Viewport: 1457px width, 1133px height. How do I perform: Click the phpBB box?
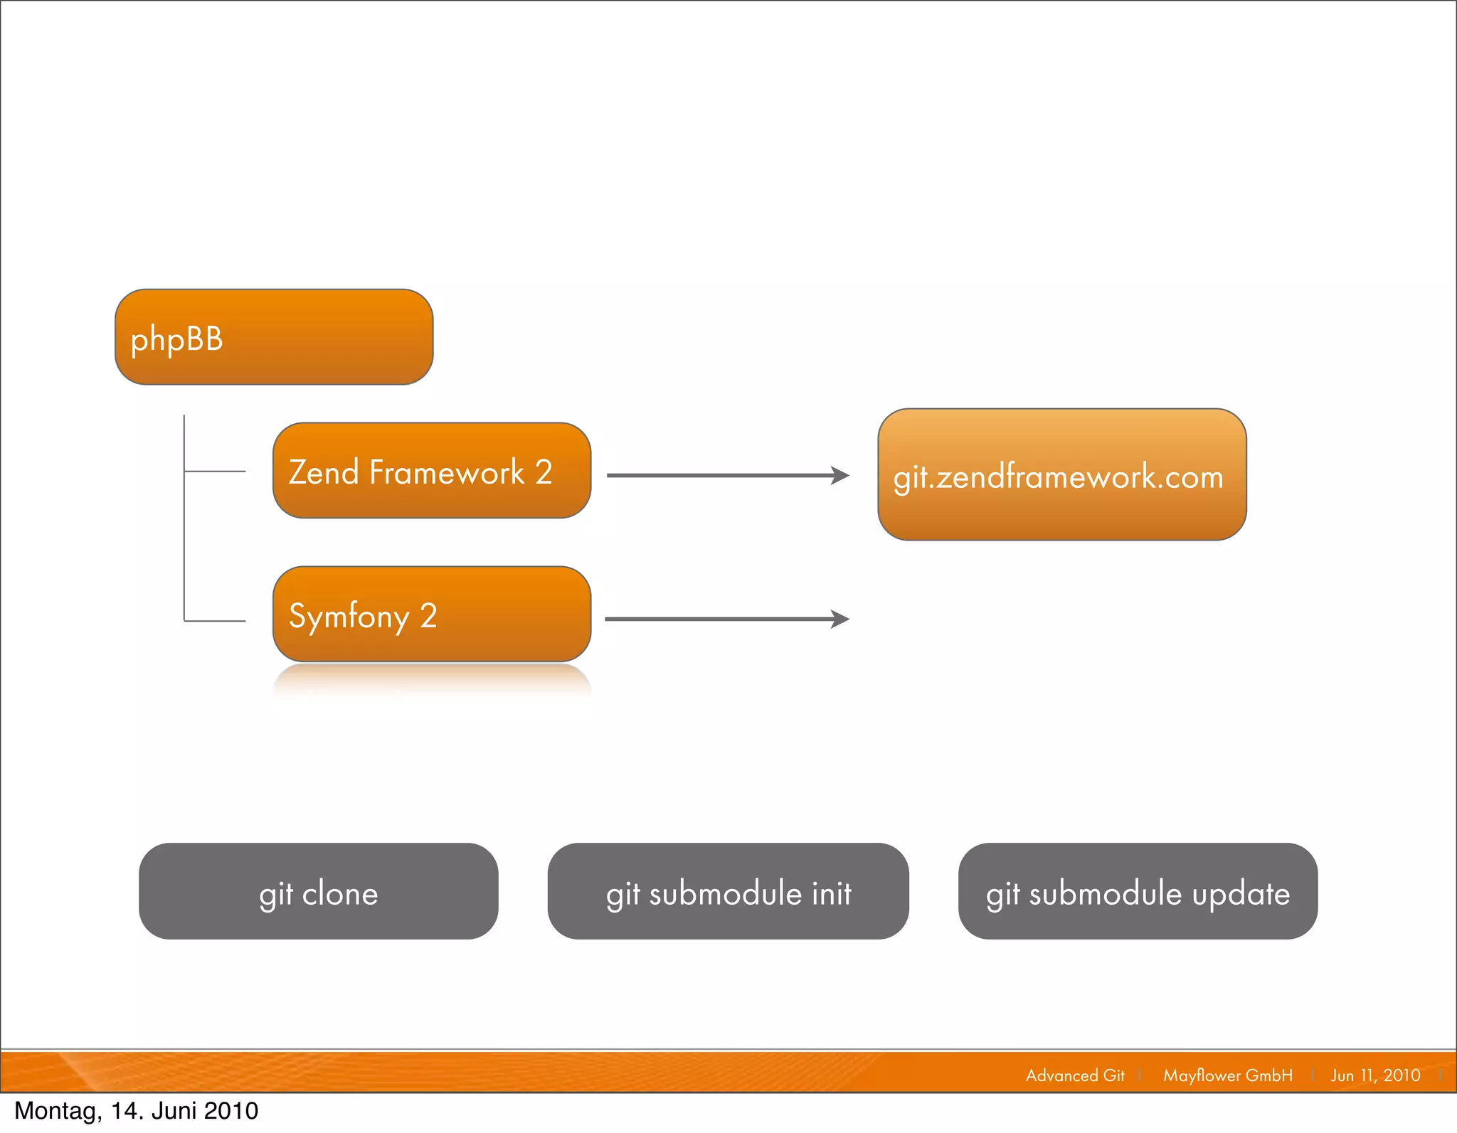[274, 337]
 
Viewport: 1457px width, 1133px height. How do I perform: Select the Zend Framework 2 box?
[432, 471]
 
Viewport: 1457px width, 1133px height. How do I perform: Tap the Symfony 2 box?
[432, 615]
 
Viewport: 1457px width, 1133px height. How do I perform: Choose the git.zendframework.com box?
[1061, 474]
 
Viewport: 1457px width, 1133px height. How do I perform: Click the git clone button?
[318, 891]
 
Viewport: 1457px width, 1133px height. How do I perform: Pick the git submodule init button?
[728, 891]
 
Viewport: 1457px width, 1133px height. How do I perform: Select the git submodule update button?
[1138, 891]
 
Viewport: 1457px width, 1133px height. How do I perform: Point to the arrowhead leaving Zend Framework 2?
[841, 475]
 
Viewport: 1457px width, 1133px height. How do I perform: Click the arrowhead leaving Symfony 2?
[841, 619]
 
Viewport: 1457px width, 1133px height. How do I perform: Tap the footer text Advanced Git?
[1075, 1075]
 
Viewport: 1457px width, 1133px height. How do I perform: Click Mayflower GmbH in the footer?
[1228, 1075]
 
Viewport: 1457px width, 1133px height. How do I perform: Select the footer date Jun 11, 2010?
[1375, 1075]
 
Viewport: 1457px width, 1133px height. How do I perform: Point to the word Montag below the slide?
[58, 1111]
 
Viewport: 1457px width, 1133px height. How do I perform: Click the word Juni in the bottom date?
[176, 1111]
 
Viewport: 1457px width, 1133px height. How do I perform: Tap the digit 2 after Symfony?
[428, 616]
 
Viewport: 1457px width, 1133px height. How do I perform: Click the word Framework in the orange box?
[447, 472]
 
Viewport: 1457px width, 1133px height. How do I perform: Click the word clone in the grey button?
[340, 893]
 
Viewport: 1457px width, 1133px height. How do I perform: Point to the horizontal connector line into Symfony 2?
[215, 621]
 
